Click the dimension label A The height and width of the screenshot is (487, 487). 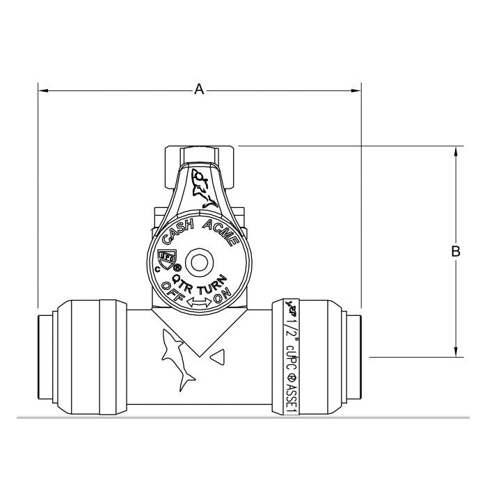point(199,90)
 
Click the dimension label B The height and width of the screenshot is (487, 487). point(456,251)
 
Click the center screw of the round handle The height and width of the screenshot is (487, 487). point(200,264)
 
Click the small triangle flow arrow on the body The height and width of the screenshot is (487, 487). point(218,358)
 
